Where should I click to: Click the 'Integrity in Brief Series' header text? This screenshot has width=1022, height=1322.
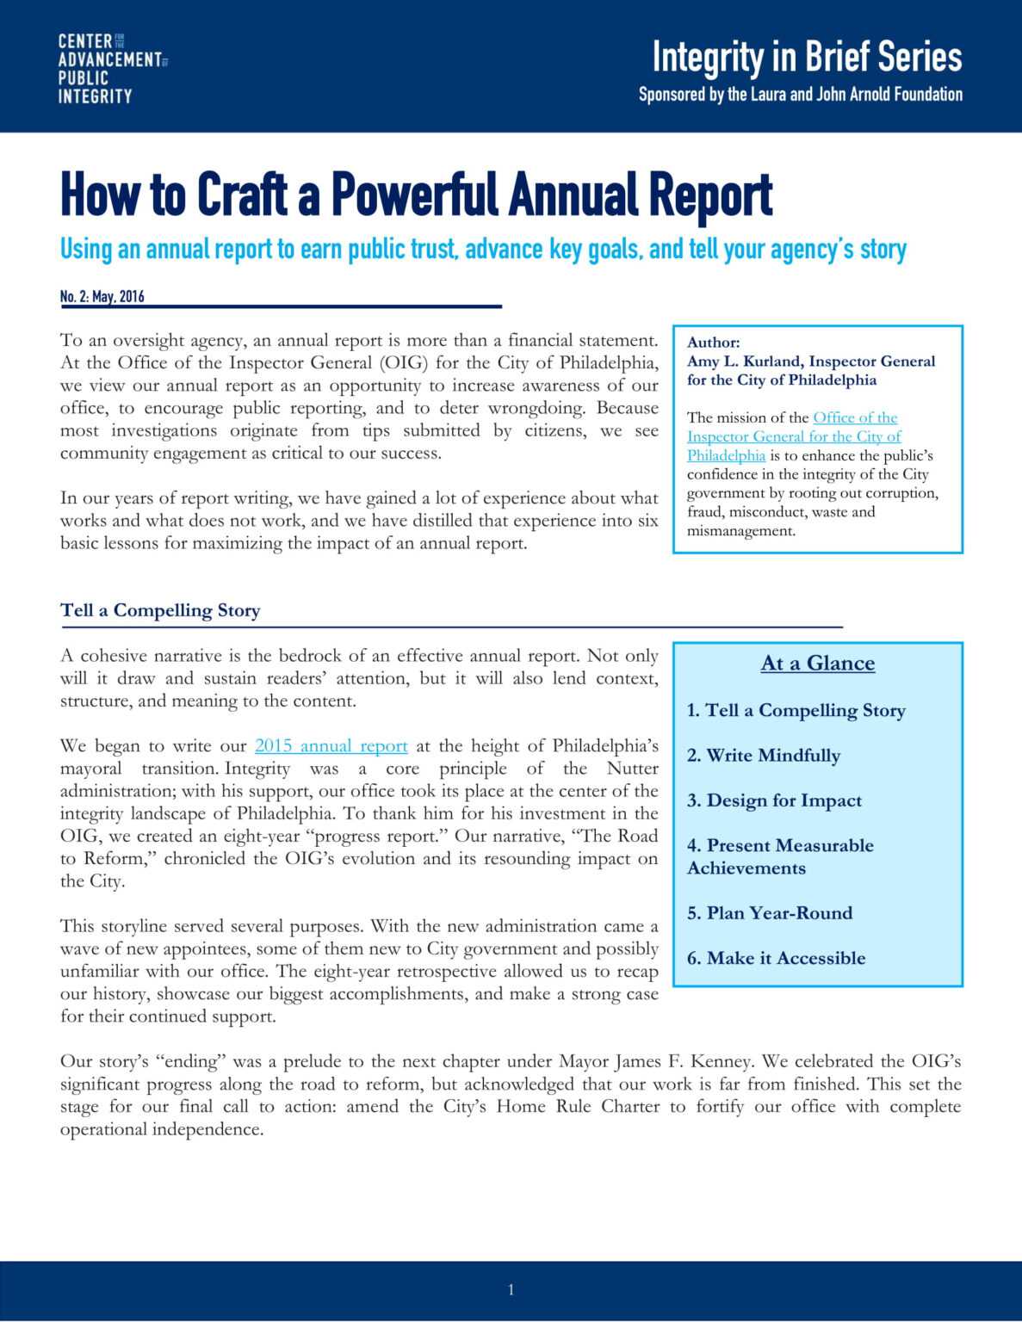tap(807, 58)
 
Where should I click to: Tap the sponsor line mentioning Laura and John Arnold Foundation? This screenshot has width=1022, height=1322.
tap(800, 95)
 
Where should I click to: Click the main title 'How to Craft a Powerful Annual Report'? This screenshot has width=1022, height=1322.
tap(416, 195)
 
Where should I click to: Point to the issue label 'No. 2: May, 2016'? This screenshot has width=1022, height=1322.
tap(102, 297)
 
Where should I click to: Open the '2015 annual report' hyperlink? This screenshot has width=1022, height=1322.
tap(331, 745)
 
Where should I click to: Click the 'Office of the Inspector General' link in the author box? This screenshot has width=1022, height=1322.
tap(854, 418)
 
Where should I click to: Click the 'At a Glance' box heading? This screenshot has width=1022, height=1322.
tap(817, 664)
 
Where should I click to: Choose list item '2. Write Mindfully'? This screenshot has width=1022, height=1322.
tap(763, 756)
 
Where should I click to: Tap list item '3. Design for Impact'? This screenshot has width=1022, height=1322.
tap(774, 800)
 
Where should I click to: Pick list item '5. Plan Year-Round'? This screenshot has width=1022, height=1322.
tap(769, 913)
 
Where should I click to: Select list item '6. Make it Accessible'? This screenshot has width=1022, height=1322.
tap(776, 958)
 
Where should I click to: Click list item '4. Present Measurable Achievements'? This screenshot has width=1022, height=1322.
tap(779, 856)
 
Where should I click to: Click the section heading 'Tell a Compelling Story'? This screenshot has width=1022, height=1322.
tap(160, 610)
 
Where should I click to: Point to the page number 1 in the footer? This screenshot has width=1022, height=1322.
tap(511, 1289)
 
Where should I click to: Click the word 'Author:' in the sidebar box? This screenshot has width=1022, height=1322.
tap(713, 343)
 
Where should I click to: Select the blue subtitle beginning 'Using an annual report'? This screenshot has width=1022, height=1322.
tap(482, 250)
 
